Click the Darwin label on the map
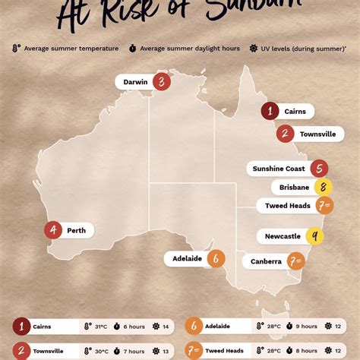tap(135, 82)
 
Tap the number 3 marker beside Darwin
tap(161, 82)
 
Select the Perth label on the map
tap(76, 230)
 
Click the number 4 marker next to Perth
tap(53, 230)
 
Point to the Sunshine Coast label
tap(278, 169)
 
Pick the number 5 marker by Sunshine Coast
tap(319, 169)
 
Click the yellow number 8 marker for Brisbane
tap(324, 188)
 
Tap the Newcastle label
tap(283, 236)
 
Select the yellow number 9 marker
tap(315, 236)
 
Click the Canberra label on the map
tap(266, 261)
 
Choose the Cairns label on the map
tap(295, 111)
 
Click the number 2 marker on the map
tap(285, 134)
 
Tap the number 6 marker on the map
tap(216, 258)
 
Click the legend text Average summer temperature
tap(71, 48)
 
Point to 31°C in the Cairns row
tap(100, 327)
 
